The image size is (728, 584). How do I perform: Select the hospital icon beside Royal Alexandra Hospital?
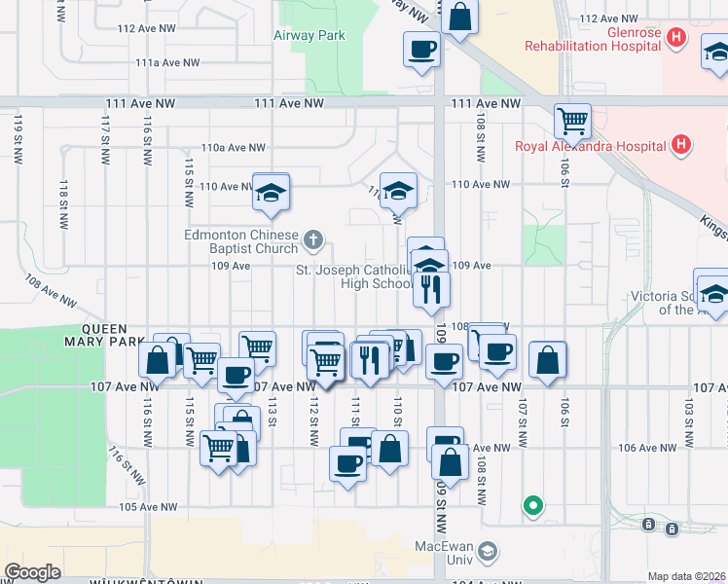click(x=681, y=146)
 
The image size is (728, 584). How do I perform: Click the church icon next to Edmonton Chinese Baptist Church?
click(x=313, y=238)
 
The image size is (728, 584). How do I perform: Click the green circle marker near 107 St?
click(x=532, y=505)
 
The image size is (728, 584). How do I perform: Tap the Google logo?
click(x=32, y=572)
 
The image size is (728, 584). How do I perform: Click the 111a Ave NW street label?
click(x=162, y=62)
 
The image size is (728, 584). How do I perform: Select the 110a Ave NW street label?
click(x=234, y=148)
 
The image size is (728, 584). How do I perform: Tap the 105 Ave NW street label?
click(x=148, y=507)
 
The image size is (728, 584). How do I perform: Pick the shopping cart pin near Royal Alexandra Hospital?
click(x=572, y=122)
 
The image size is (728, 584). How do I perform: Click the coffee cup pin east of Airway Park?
click(x=421, y=49)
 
